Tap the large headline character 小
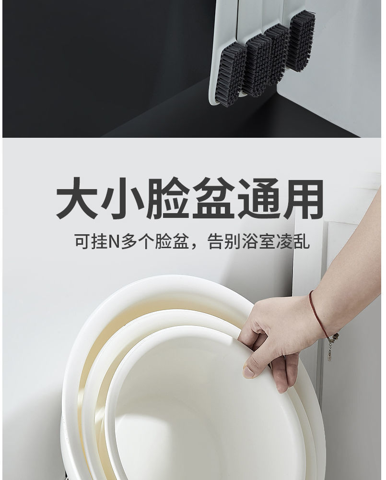coord(123,198)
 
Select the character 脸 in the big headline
coord(167,198)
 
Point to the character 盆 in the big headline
coord(212,198)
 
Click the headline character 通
coord(257,198)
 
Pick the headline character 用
coord(303,198)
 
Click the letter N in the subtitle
coord(113,241)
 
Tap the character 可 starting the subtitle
coord(81,241)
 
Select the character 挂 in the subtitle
coord(97,241)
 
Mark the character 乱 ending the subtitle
coord(302,241)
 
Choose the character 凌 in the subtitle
coord(284,241)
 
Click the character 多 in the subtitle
coord(128,241)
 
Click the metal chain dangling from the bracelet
coord(331,347)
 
